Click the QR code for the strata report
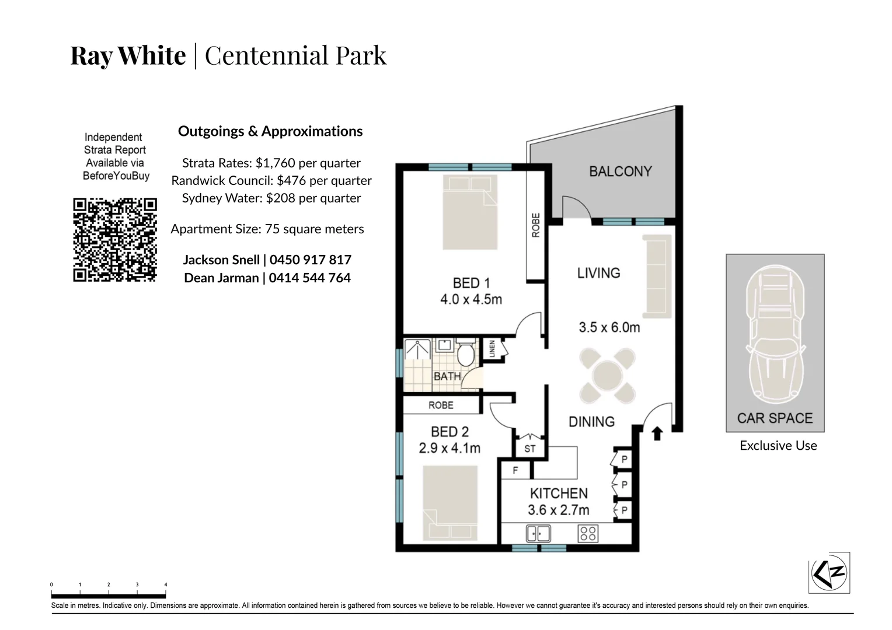(115, 240)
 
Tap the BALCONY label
(620, 171)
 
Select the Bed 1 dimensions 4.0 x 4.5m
(471, 300)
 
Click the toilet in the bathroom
(466, 354)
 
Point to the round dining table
(607, 376)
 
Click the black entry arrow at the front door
(657, 433)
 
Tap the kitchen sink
(538, 533)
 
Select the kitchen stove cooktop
(587, 533)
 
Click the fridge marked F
(515, 470)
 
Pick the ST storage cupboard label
(530, 449)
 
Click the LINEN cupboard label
(492, 348)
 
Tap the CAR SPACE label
(775, 418)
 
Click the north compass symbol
(830, 572)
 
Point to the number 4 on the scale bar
(166, 584)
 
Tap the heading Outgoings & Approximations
(270, 131)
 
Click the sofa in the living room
(657, 276)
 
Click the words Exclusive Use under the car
(778, 446)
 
